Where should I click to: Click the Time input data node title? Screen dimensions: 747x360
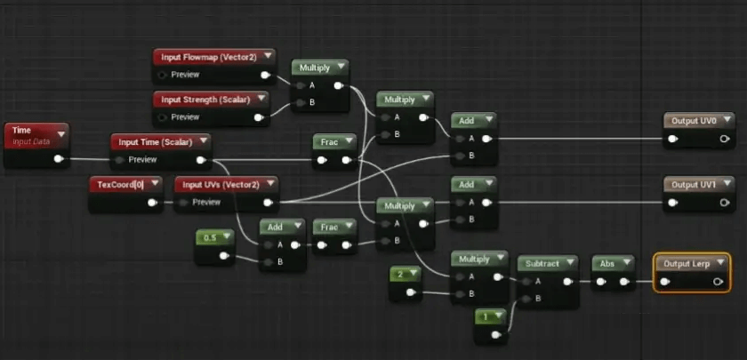point(22,131)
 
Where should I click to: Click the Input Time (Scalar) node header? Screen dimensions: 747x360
point(152,141)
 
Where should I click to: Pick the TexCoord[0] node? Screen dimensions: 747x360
point(121,184)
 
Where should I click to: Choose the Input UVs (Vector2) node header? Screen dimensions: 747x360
point(220,184)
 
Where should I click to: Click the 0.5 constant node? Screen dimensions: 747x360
point(210,237)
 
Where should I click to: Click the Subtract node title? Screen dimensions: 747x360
point(542,263)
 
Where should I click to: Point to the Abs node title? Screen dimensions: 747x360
point(607,263)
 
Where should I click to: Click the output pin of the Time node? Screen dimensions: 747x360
point(59,160)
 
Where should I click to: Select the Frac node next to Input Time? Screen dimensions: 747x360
point(328,141)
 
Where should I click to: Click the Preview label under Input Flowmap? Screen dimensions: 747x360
point(185,75)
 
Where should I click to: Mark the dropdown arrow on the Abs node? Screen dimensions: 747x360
point(626,263)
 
